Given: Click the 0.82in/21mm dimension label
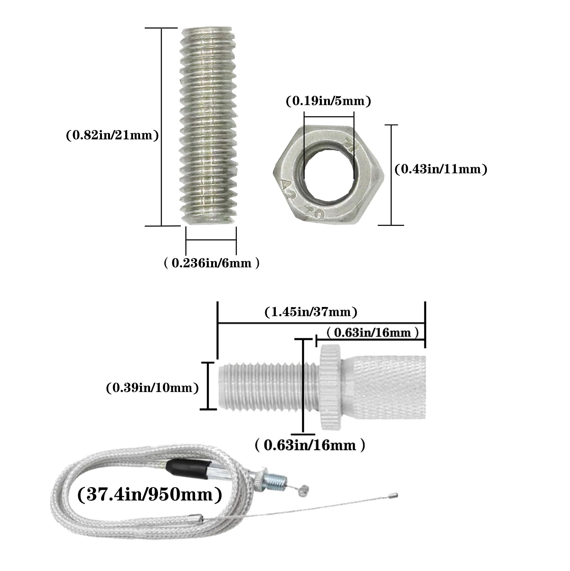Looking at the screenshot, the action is click(112, 135).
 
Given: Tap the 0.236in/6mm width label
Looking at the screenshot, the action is click(211, 263).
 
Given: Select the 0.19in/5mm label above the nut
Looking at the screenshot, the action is click(328, 101).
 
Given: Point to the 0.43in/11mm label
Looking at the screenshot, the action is click(441, 169).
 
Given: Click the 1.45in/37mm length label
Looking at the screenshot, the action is click(311, 312).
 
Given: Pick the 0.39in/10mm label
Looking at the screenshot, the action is click(152, 388).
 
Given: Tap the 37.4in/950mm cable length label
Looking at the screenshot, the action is click(150, 495).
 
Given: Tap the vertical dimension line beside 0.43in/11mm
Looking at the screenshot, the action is click(391, 175).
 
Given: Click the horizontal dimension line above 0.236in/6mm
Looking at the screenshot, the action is click(211, 240).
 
